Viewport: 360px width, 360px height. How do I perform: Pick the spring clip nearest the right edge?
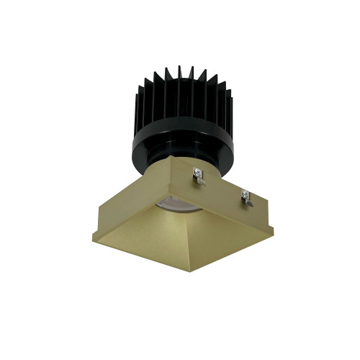coord(246,197)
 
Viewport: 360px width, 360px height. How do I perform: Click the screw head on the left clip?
coord(197,171)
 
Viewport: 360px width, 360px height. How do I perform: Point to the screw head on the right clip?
coord(244,194)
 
